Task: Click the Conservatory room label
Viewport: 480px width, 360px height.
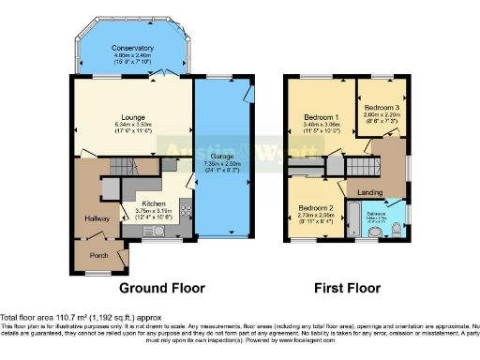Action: coord(132,49)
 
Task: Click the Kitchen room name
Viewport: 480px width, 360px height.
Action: coord(154,203)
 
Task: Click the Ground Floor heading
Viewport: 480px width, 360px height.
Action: coord(160,288)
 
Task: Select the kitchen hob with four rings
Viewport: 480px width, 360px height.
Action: coord(185,211)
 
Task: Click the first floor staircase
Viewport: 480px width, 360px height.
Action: coord(358,168)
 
